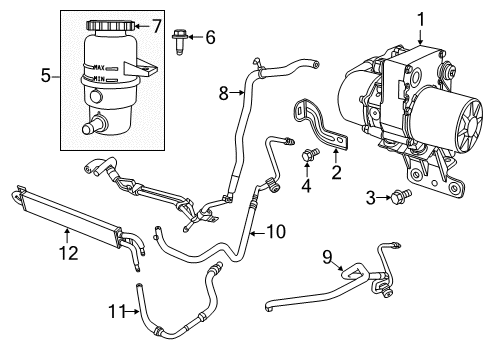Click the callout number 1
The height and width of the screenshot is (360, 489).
click(x=420, y=17)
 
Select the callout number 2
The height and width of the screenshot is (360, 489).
click(x=335, y=171)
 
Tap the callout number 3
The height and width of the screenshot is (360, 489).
click(x=369, y=197)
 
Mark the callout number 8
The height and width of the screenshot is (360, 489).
click(x=225, y=93)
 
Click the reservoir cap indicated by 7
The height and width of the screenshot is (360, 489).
click(x=109, y=24)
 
